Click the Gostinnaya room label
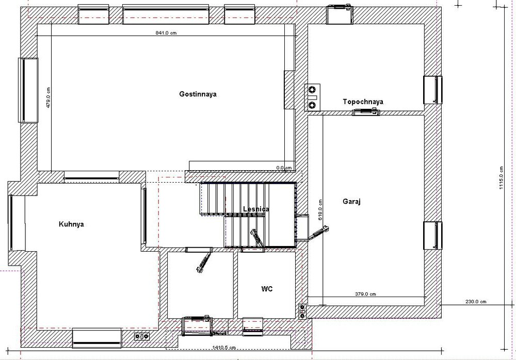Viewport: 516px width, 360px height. click(x=198, y=94)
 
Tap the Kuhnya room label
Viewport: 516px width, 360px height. click(x=71, y=224)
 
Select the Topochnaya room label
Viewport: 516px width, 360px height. click(x=363, y=102)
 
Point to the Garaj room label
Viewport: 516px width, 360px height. click(x=351, y=202)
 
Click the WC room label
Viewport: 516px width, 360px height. click(x=267, y=289)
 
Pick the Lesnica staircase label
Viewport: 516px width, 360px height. click(x=256, y=209)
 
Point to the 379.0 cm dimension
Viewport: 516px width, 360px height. click(x=365, y=294)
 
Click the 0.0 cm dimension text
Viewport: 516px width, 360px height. click(x=284, y=168)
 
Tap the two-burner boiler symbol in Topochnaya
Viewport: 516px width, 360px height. click(x=313, y=96)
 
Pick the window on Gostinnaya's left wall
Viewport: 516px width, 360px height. click(x=28, y=90)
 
